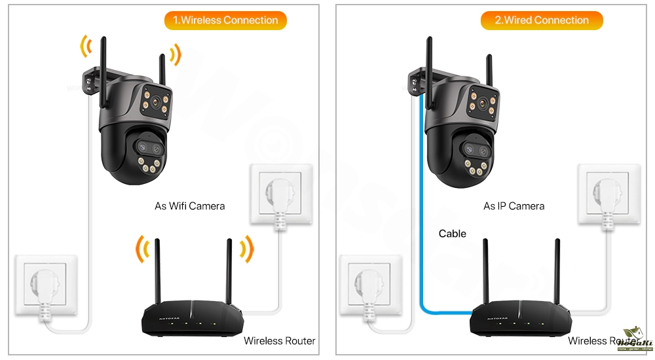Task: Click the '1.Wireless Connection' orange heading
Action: (x=225, y=20)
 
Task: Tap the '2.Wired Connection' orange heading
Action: (x=542, y=20)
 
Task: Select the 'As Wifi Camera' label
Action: (x=189, y=206)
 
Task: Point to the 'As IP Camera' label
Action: (x=514, y=206)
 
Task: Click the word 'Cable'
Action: (x=452, y=234)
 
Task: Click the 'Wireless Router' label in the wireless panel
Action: (x=279, y=341)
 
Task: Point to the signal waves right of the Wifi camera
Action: (x=174, y=54)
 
